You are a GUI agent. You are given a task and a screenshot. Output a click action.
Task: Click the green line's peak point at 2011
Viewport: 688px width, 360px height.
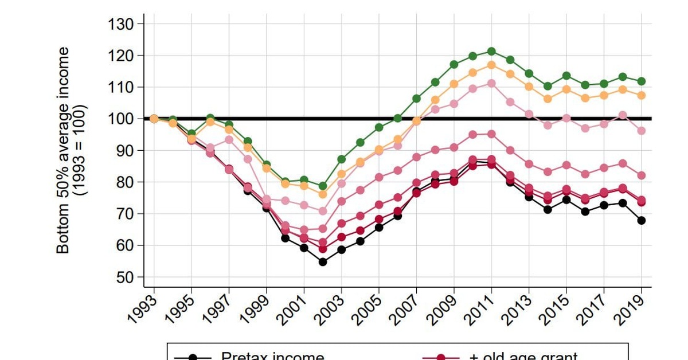[491, 52]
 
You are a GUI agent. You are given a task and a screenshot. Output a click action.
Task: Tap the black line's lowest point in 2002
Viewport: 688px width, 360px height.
[323, 262]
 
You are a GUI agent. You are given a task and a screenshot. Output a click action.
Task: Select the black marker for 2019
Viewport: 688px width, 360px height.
[642, 220]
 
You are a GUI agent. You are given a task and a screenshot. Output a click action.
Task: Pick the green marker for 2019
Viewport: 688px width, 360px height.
[642, 81]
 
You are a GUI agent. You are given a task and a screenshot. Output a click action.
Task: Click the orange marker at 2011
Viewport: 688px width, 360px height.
[491, 65]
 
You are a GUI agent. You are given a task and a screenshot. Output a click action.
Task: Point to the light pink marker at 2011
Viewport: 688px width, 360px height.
[491, 83]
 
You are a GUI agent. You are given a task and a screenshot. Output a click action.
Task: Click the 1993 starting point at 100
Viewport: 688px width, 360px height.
[154, 119]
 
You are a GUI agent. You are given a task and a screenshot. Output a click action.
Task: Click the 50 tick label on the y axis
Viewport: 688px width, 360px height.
[124, 277]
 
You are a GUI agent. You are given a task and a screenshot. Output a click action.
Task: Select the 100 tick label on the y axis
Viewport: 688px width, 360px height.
[120, 119]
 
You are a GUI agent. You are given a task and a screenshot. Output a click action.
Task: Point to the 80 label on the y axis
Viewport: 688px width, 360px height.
[124, 182]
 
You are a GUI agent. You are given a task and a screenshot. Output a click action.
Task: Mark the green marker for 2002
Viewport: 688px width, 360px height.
[323, 186]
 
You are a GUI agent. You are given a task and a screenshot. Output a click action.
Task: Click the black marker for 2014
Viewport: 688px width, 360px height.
[548, 209]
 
